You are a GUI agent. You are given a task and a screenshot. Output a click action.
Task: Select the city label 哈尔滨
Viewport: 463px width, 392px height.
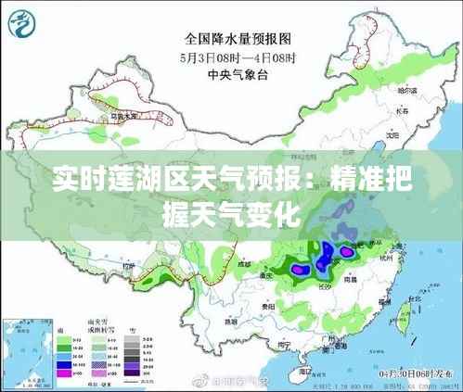click(405, 91)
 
